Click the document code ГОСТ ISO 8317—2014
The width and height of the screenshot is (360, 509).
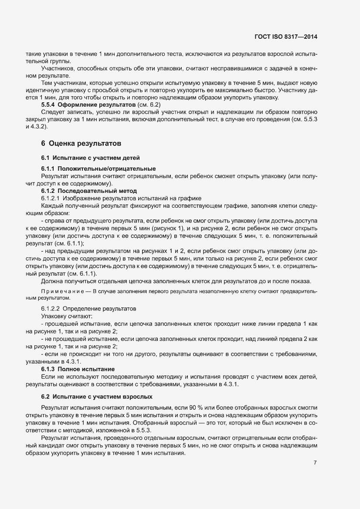285,37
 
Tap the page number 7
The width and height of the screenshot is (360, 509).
315,463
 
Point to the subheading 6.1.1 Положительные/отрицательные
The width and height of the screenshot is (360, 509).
98,169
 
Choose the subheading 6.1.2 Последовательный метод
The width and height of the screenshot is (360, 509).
89,191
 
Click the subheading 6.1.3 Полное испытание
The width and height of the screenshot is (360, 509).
78,368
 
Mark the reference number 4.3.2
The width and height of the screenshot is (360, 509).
36,127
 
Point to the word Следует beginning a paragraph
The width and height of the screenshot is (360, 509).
52,112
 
